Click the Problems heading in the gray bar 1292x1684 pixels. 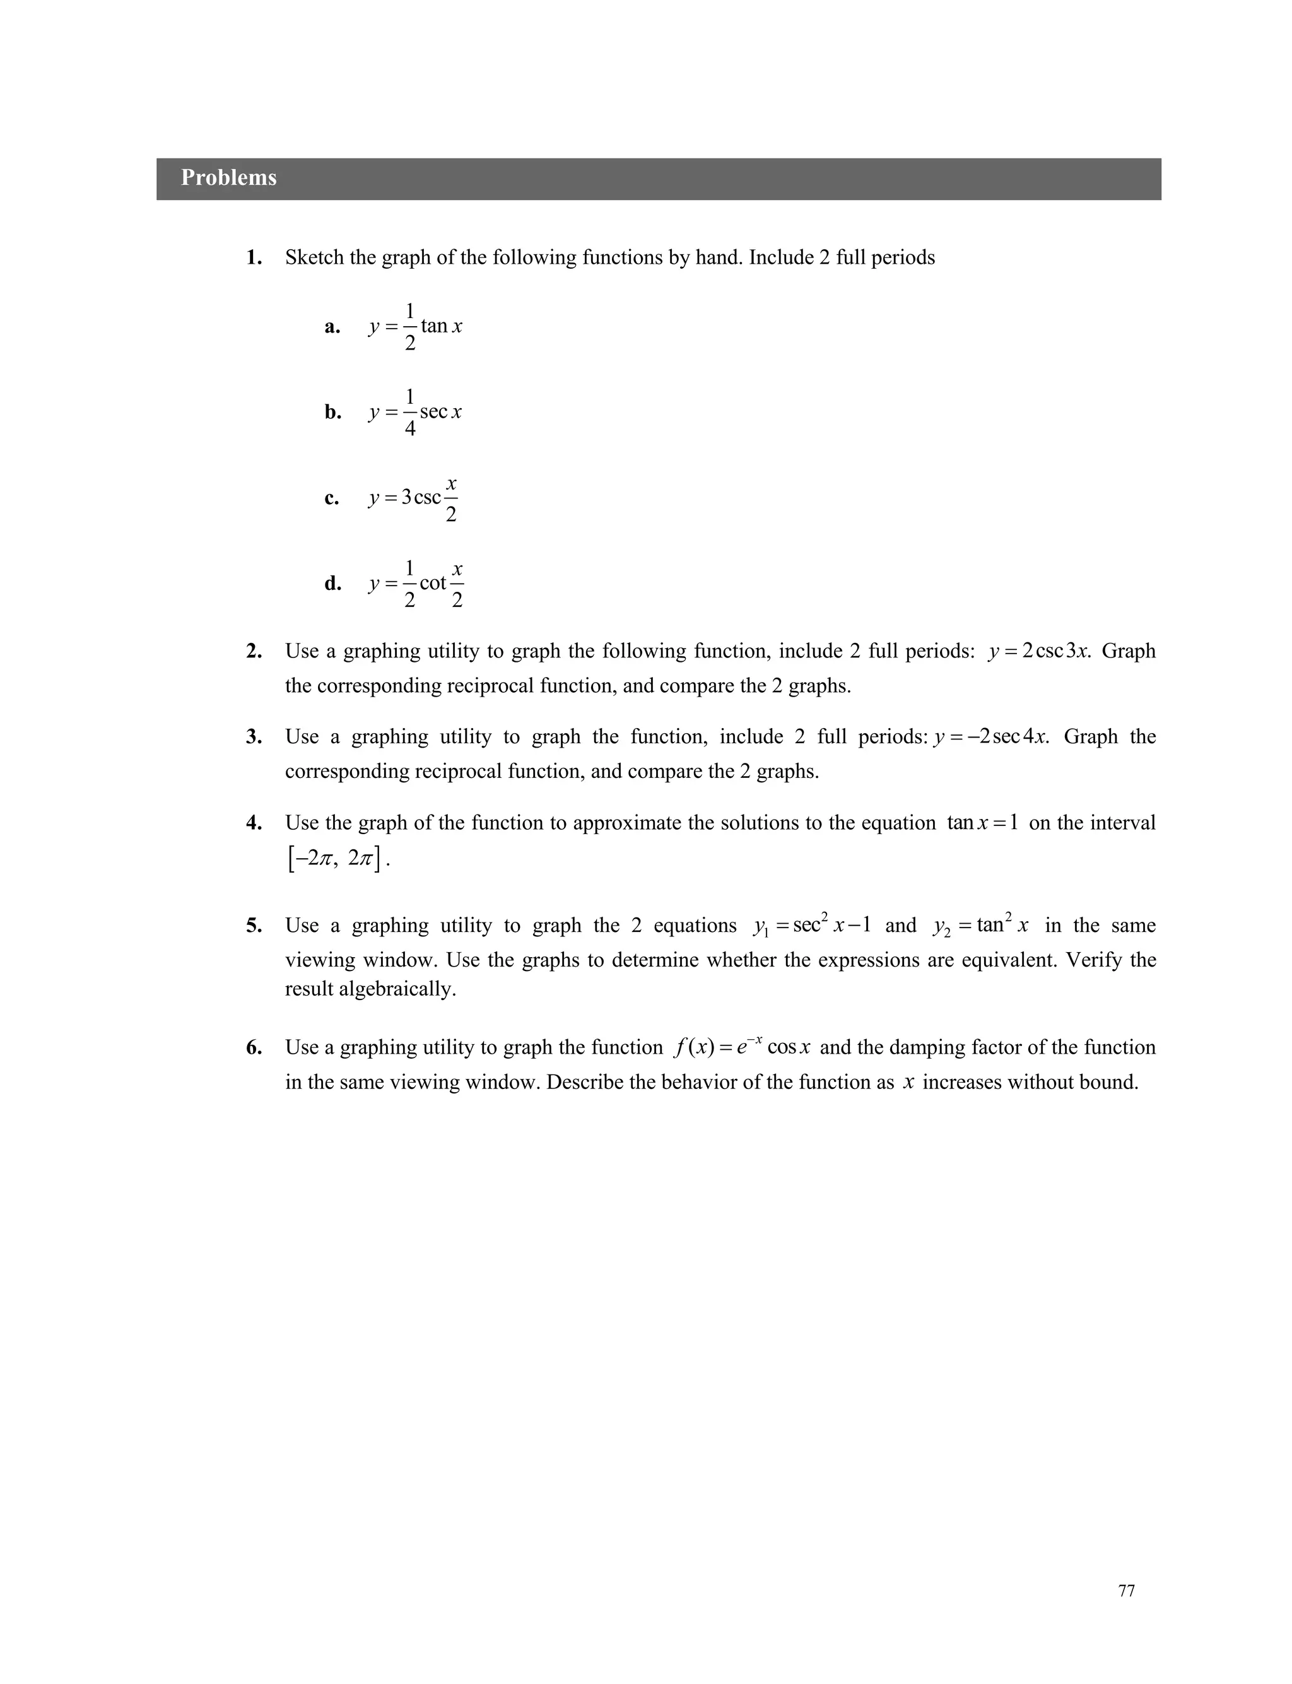pos(228,178)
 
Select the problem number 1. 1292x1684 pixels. pos(254,257)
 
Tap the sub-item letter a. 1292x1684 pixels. pos(332,327)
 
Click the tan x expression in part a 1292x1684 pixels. pos(442,326)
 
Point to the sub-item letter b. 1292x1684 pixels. pos(332,412)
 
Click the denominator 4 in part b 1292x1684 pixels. pos(410,428)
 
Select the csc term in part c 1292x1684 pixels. pos(428,498)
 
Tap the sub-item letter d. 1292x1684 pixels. pos(332,584)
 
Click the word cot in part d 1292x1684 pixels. pos(433,583)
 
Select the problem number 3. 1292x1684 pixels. pos(254,738)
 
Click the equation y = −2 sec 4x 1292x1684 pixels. pos(990,738)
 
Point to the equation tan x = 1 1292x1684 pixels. pos(982,823)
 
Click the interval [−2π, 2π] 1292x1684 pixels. pos(336,858)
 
